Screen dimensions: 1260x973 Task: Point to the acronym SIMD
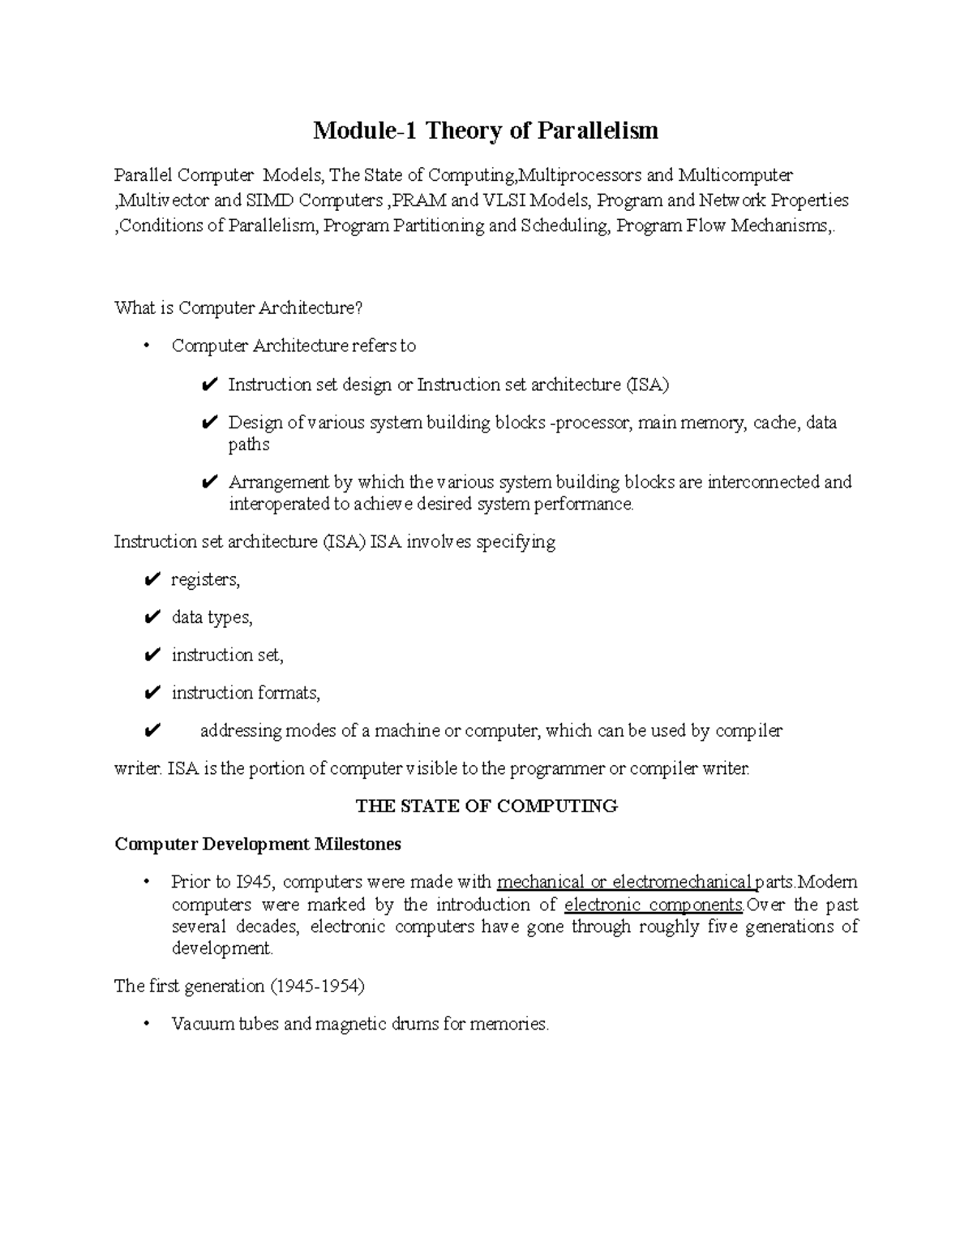coord(270,200)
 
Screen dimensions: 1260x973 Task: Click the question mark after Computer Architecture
coord(360,308)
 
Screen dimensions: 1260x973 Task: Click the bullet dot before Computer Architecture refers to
coord(146,346)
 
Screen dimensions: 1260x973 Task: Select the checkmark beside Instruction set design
coord(208,385)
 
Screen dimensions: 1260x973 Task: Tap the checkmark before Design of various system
coord(208,423)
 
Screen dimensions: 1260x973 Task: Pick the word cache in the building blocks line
coord(775,423)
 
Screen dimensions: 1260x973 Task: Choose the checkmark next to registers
coord(151,580)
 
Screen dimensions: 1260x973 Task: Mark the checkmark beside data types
coord(151,618)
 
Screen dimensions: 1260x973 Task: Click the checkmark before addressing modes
coord(151,731)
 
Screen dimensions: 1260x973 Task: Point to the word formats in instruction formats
coord(289,693)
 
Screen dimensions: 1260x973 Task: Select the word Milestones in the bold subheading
coord(358,845)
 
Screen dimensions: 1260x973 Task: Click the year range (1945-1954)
coord(318,987)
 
